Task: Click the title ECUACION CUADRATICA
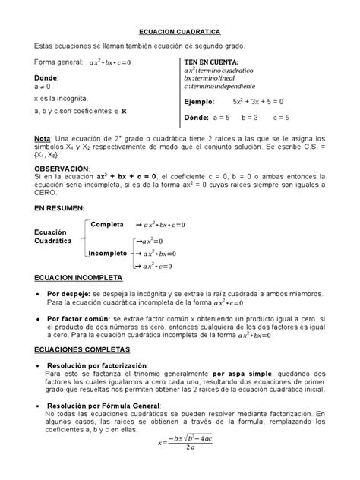tap(179, 33)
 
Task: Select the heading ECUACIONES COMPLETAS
tap(77, 349)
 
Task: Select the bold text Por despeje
tap(68, 293)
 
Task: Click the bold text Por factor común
tap(74, 318)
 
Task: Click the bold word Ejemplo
tap(200, 101)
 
